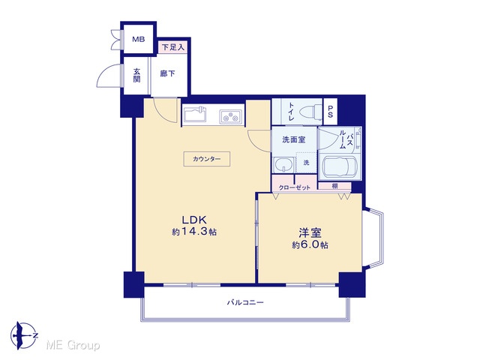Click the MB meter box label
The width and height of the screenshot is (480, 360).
click(x=138, y=39)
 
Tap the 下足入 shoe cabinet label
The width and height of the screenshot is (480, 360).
click(x=173, y=47)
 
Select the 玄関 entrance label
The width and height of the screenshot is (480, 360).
click(x=136, y=75)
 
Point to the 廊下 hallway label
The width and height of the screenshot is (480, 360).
click(x=168, y=73)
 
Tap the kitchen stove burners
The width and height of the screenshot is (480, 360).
click(x=231, y=117)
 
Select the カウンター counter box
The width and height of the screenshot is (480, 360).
click(x=207, y=159)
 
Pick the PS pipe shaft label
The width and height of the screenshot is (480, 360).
click(x=330, y=112)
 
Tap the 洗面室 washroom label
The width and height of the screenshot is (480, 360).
click(x=294, y=139)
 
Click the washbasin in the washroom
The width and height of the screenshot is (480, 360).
click(x=284, y=165)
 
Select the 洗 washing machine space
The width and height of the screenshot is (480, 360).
click(x=306, y=163)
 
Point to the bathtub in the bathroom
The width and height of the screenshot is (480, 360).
click(x=340, y=166)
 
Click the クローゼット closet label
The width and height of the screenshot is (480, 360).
click(x=294, y=187)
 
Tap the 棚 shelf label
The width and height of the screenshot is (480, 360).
click(x=334, y=186)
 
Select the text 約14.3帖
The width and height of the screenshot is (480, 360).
click(x=194, y=232)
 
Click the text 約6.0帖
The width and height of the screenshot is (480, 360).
click(x=310, y=245)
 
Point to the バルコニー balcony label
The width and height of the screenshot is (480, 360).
click(x=245, y=303)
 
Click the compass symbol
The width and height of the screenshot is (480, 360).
click(x=24, y=336)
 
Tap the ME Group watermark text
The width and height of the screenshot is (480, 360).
click(x=73, y=345)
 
